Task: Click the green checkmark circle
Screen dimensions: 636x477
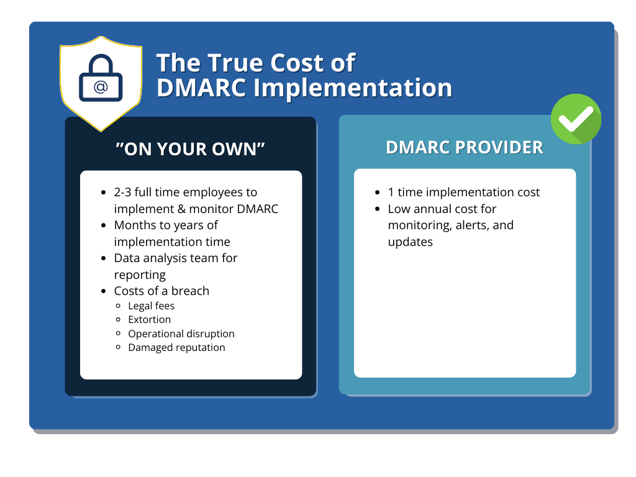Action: [576, 119]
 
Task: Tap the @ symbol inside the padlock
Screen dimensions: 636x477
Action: [101, 87]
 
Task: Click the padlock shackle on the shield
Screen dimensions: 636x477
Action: [101, 65]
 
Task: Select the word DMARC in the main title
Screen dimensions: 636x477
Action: [201, 88]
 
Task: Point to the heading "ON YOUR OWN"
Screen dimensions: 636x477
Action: [190, 149]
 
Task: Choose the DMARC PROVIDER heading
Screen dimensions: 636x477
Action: [465, 147]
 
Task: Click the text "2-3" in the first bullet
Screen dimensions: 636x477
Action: [122, 192]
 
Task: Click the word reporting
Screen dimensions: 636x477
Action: [140, 275]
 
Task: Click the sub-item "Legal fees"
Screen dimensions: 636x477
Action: [152, 306]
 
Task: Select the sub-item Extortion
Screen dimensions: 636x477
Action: [149, 320]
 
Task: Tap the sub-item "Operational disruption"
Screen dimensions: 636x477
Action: [181, 334]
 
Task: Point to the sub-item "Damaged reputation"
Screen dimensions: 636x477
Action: [176, 348]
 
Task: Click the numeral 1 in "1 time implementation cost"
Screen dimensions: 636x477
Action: [391, 193]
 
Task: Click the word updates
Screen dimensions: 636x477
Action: [410, 242]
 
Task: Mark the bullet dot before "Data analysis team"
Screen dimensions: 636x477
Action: [104, 258]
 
